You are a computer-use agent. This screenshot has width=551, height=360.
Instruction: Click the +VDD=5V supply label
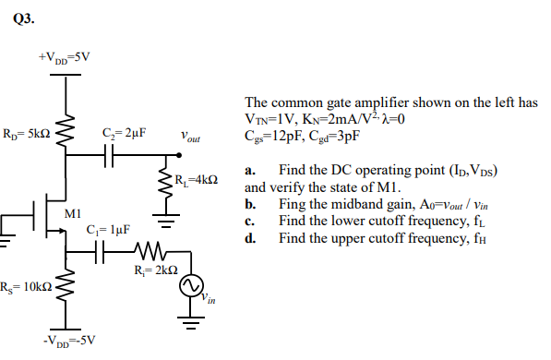(x=65, y=57)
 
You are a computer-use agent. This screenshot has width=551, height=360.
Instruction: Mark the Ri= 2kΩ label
(x=151, y=271)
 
